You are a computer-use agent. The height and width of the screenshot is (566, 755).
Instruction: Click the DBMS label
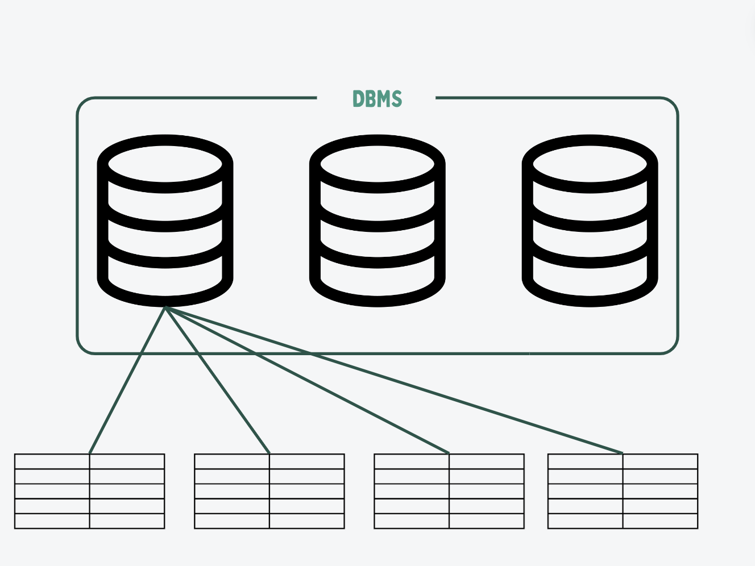(377, 99)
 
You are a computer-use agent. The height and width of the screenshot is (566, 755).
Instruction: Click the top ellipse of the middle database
(377, 164)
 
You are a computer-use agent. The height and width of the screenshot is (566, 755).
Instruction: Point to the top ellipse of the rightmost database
(590, 164)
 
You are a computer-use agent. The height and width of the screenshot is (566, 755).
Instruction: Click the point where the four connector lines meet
(165, 308)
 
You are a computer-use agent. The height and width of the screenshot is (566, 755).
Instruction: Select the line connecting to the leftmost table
(127, 380)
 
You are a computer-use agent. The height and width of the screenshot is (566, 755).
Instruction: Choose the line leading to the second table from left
(217, 380)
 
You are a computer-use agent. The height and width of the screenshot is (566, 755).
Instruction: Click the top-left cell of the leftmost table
(52, 461)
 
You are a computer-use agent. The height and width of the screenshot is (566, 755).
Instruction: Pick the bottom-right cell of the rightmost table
(660, 521)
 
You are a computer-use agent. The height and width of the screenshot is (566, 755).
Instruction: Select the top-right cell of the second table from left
(306, 461)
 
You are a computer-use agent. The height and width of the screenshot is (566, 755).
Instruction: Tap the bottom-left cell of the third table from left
(412, 521)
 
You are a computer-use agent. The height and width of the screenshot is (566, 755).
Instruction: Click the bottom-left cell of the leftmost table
(52, 521)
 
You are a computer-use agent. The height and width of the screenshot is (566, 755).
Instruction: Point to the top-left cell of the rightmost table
(585, 461)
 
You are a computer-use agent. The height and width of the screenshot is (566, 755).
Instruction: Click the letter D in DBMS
(358, 99)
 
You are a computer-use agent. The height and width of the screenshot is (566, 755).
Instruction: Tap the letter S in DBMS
(396, 99)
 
